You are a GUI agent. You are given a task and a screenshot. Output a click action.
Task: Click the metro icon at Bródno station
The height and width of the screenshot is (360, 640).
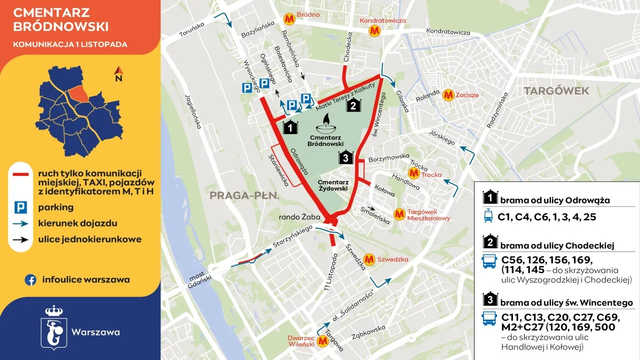pos(289,19)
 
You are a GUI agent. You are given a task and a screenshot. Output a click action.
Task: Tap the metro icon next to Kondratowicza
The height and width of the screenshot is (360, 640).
pos(374,31)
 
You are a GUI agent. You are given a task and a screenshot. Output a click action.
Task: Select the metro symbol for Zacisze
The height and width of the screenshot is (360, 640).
pos(448,95)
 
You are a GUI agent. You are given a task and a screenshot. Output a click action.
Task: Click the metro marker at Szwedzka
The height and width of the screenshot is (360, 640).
pos(369,259)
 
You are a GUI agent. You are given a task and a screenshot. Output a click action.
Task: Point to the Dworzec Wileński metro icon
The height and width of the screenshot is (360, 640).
pos(322,341)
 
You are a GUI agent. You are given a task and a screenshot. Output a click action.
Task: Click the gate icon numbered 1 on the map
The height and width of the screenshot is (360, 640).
pos(290,127)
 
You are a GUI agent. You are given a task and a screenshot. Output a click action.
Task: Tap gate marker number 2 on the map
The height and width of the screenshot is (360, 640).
pos(353,105)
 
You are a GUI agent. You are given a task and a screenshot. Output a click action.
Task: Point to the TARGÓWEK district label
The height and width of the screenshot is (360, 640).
pos(556,91)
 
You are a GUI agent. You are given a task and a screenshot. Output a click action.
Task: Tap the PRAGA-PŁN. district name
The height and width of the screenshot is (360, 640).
pos(244,195)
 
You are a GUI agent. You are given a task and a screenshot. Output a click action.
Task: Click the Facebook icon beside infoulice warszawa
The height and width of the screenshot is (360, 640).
pos(30,280)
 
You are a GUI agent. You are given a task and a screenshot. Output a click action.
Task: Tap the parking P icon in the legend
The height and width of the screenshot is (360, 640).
pos(20,207)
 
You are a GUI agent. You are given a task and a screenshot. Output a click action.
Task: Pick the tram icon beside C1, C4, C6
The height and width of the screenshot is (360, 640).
pos(488,217)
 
